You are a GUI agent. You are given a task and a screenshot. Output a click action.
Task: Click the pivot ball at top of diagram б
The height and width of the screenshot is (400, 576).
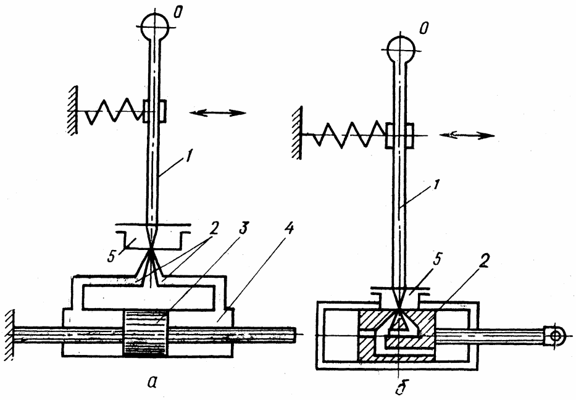pos(401,49)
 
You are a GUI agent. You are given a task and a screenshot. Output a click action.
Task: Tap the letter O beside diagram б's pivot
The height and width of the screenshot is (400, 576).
pos(425,28)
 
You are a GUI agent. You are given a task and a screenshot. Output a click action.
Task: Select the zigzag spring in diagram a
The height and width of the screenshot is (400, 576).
pos(114,111)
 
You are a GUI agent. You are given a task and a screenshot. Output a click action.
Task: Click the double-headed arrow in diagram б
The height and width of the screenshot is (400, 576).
pos(467,136)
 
